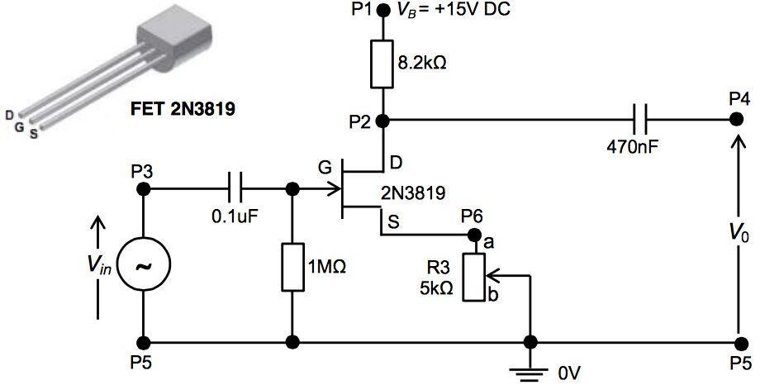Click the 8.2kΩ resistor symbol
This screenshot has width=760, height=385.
pyautogui.click(x=382, y=64)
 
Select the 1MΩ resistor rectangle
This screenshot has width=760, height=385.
pyautogui.click(x=292, y=267)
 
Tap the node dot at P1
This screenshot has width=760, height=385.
pyautogui.click(x=382, y=11)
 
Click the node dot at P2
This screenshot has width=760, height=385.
pyautogui.click(x=382, y=120)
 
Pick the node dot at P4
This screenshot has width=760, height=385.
pyautogui.click(x=738, y=120)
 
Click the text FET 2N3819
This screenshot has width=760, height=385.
pyautogui.click(x=183, y=107)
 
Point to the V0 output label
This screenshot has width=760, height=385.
pyautogui.click(x=739, y=235)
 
